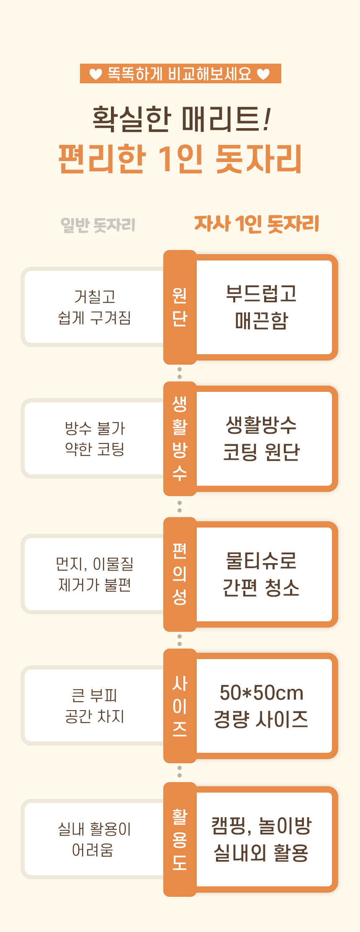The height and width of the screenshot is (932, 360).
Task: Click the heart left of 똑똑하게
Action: click(96, 74)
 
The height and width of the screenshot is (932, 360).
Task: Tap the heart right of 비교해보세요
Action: click(263, 74)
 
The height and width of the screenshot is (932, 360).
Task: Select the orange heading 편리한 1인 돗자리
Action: click(180, 159)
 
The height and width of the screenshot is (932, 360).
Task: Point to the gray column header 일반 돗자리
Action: click(98, 225)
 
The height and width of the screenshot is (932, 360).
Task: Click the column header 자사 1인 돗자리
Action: click(257, 224)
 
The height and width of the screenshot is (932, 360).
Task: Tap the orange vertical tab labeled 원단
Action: click(180, 307)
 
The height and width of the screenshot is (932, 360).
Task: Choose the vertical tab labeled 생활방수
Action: click(180, 438)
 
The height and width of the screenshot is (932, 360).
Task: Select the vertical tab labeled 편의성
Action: click(180, 574)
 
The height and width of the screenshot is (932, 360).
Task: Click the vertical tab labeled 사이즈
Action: click(180, 705)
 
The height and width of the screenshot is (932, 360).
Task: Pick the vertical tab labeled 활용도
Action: click(180, 839)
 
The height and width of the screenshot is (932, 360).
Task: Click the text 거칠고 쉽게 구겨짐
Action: click(95, 307)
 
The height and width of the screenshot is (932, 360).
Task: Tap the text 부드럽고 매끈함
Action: click(261, 307)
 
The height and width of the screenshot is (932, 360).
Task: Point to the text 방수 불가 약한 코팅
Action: click(95, 438)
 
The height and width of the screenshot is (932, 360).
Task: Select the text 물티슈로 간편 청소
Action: click(261, 574)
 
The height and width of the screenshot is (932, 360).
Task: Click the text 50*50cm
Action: click(261, 693)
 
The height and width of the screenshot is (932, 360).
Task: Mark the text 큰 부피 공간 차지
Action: click(95, 705)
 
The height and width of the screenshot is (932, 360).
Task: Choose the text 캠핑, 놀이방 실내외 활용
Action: click(261, 839)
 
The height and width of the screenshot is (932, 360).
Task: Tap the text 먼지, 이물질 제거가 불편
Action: click(95, 574)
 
